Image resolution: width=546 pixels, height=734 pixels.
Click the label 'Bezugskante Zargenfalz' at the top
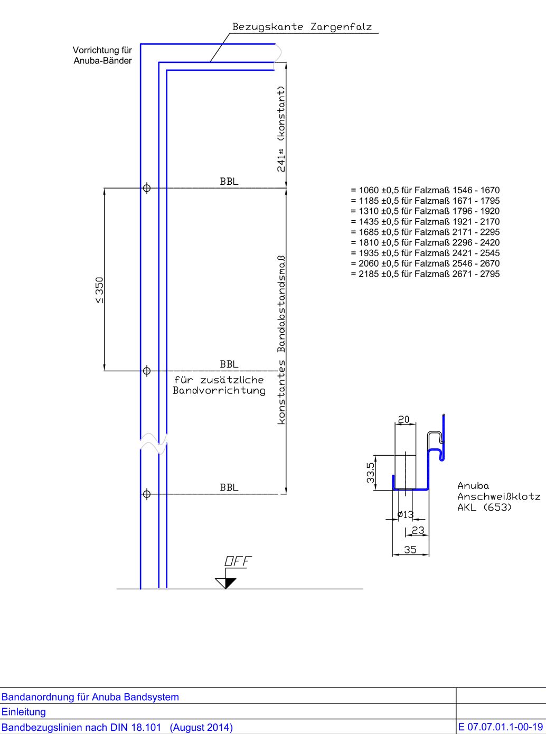pos(302,27)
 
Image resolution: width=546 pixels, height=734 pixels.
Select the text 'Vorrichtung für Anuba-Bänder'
pos(102,55)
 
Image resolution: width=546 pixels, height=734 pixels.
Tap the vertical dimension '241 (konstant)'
pos(282,129)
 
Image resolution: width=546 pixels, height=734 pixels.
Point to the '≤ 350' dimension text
pos(99,290)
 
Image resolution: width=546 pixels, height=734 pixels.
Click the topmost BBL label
pos(229,182)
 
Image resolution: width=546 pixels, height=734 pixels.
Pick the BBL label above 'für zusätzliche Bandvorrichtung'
pos(229,364)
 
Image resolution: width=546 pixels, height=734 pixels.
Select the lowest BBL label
pos(229,488)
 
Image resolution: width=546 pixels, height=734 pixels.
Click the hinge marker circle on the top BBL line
pos(147,188)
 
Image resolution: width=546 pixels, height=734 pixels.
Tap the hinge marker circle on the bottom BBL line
pos(147,494)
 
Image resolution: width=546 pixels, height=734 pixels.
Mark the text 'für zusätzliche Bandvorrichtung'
pos(219,385)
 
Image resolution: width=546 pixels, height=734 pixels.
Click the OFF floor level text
pos(238,561)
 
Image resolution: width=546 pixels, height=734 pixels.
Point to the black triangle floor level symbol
pos(225,583)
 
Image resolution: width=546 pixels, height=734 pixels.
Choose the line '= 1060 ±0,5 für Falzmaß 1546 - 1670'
pos(425,190)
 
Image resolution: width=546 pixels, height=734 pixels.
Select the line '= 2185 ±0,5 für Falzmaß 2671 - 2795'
pos(425,274)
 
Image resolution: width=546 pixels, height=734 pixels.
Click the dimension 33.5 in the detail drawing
pos(371,473)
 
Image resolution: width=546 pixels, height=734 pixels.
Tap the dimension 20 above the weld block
pos(403,420)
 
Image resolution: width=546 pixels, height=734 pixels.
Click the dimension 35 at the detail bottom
pos(410,550)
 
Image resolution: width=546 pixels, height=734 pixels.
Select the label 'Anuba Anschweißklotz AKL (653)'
pos(498,497)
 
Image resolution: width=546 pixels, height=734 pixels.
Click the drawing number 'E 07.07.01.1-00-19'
pos(500,727)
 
